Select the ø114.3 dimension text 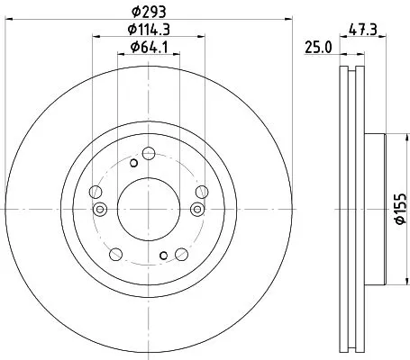[x=150, y=31]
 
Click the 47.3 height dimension [x=366, y=29]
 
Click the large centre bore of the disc [x=149, y=209]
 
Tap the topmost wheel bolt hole [x=149, y=148]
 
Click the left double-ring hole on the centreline [x=100, y=210]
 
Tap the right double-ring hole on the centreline [x=197, y=210]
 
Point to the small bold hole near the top [x=134, y=163]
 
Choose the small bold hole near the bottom [x=163, y=256]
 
